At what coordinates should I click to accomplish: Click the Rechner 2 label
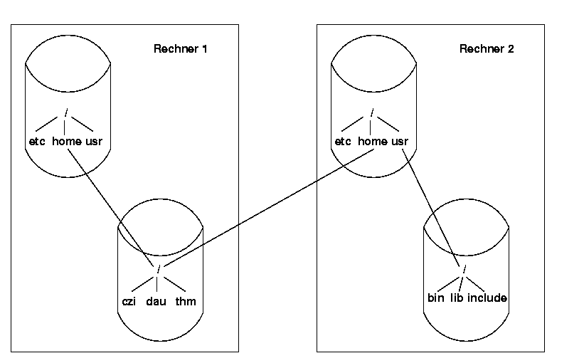pos(487,49)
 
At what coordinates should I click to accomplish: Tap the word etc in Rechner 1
pos(37,142)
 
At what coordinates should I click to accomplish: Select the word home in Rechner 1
pos(67,142)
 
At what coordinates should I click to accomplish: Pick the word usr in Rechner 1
pos(94,142)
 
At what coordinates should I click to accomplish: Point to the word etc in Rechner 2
pos(343,142)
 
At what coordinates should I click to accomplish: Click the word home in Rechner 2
pos(373,142)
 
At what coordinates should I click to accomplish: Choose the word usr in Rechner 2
pos(400,142)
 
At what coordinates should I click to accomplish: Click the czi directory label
pos(129,301)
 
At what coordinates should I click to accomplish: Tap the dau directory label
pos(156,301)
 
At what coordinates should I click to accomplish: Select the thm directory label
pos(185,301)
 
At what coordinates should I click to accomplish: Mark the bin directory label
pos(435,298)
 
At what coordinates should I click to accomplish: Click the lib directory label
pos(456,298)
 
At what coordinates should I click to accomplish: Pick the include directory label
pos(487,298)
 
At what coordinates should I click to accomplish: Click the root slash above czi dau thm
pos(158,268)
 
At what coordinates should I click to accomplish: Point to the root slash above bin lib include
pos(464,269)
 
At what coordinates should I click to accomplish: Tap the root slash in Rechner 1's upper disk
pos(66,112)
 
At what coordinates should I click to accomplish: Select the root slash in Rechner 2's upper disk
pos(372,112)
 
